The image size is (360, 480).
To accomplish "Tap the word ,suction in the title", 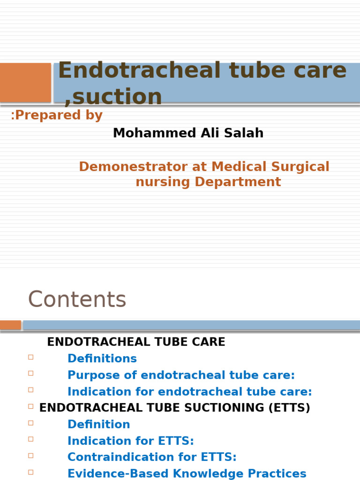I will (x=113, y=97).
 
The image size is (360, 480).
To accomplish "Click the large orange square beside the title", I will (x=25, y=82).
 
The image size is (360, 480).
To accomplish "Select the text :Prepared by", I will (x=57, y=115).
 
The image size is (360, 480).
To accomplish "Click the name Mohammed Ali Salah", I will (x=188, y=133).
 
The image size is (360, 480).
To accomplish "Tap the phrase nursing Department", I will (x=208, y=182).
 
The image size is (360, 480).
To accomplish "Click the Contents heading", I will (x=77, y=300).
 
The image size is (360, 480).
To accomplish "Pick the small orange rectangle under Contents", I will (x=10, y=325).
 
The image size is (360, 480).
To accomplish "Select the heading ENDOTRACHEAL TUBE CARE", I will (x=136, y=342).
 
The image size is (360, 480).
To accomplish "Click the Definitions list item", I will (x=102, y=359).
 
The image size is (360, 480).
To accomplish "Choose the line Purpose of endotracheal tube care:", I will (x=181, y=375).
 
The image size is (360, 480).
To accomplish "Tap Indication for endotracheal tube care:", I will (x=189, y=391).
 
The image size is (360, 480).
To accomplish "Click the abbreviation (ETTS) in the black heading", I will (x=288, y=408).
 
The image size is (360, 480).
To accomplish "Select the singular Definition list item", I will (x=98, y=424).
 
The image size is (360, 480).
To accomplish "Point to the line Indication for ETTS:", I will (x=130, y=441).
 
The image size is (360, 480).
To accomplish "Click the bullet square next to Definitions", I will (x=31, y=357).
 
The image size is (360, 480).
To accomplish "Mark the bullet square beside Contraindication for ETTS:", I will (x=31, y=456).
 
